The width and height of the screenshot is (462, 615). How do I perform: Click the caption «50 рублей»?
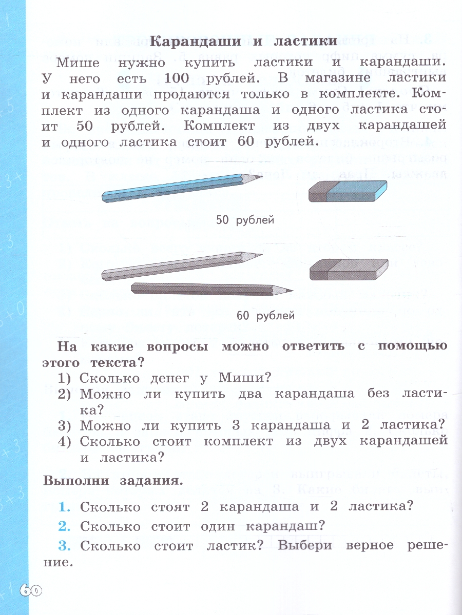245,220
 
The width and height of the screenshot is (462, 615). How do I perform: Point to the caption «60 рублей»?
265,315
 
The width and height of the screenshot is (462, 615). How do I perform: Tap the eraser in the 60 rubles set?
349,269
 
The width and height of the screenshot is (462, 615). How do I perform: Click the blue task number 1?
64,507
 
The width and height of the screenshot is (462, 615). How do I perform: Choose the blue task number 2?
64,526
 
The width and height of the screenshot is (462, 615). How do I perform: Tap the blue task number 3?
64,546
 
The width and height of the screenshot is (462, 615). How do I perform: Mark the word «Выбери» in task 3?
305,546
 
